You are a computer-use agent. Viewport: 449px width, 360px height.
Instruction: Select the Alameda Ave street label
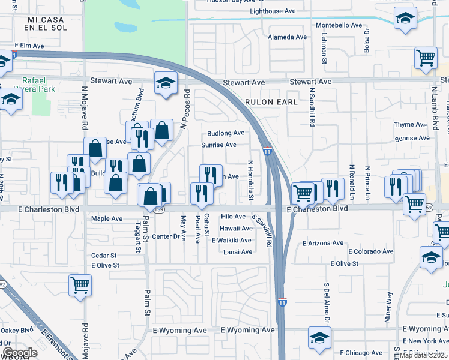(288, 37)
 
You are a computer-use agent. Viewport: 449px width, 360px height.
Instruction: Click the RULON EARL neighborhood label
(271, 102)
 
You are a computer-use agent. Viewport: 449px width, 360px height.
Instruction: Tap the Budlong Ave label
(226, 133)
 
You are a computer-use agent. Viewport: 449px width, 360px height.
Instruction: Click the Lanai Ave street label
(237, 252)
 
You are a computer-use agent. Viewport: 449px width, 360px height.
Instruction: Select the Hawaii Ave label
(236, 229)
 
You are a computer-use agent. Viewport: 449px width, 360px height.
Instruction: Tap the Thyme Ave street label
(411, 125)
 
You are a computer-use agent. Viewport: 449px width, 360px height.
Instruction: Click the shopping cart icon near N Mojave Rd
(80, 285)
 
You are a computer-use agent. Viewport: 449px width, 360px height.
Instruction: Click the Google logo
(20, 353)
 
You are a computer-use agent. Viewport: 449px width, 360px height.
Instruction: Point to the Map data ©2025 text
(424, 355)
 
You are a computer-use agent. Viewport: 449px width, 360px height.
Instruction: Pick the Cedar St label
(100, 256)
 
